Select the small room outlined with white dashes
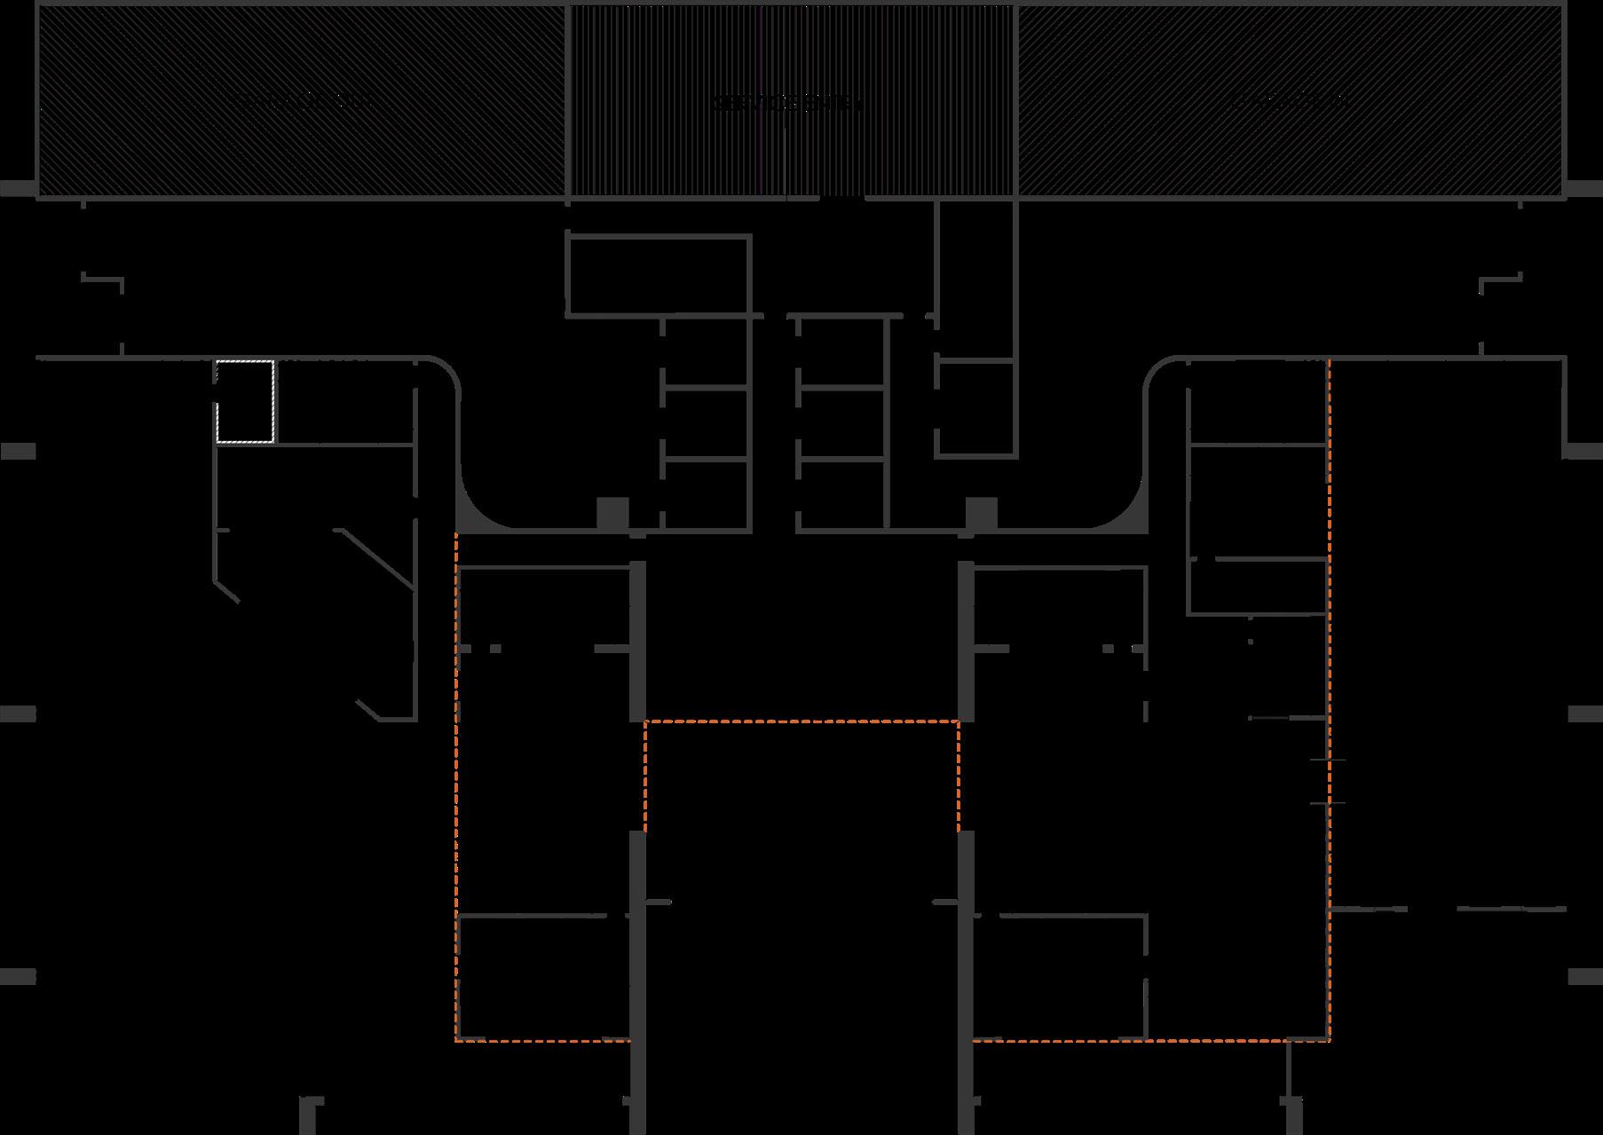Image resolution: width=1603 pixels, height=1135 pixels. [245, 401]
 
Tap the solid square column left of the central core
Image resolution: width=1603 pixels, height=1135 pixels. [612, 514]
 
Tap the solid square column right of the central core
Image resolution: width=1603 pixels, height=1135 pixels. [981, 514]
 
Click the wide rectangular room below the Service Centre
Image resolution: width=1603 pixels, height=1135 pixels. [658, 275]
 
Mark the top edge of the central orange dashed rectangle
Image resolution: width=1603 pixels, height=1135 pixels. [801, 721]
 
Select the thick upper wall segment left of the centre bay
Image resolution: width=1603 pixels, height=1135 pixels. [636, 641]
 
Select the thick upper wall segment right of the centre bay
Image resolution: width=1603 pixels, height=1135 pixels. [967, 641]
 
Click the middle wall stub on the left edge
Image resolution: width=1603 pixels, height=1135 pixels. [18, 713]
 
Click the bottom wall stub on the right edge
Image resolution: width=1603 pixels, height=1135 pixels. [1585, 976]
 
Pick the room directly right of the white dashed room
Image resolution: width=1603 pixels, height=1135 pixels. [343, 401]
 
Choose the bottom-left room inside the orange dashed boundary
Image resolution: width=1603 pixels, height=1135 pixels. [542, 976]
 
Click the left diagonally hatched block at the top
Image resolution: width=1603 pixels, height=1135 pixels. [302, 100]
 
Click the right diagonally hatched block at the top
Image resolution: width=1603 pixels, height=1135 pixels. [1290, 100]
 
